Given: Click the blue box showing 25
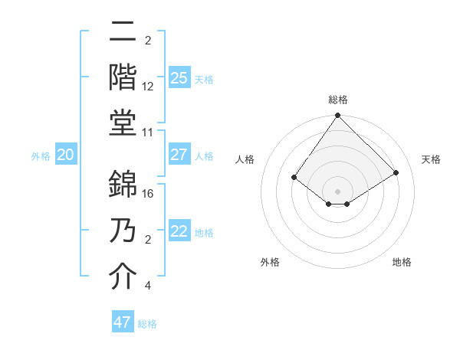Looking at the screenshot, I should (x=179, y=77).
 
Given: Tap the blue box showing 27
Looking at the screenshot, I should (x=179, y=155).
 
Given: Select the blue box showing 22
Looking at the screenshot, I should (x=179, y=231).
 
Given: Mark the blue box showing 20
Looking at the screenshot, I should (x=65, y=155).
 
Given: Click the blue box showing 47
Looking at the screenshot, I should (x=123, y=322).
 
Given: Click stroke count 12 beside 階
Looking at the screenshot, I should (x=149, y=87).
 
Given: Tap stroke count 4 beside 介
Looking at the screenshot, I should (x=147, y=286).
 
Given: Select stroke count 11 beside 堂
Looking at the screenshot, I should (x=149, y=133).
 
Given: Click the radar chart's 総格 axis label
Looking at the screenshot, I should (x=337, y=100).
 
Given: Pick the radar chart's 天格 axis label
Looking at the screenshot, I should (x=432, y=159).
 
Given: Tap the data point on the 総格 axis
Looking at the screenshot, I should (x=337, y=116).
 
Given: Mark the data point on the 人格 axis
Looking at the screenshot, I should (x=294, y=177).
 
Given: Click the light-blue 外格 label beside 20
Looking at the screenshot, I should (x=41, y=155).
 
